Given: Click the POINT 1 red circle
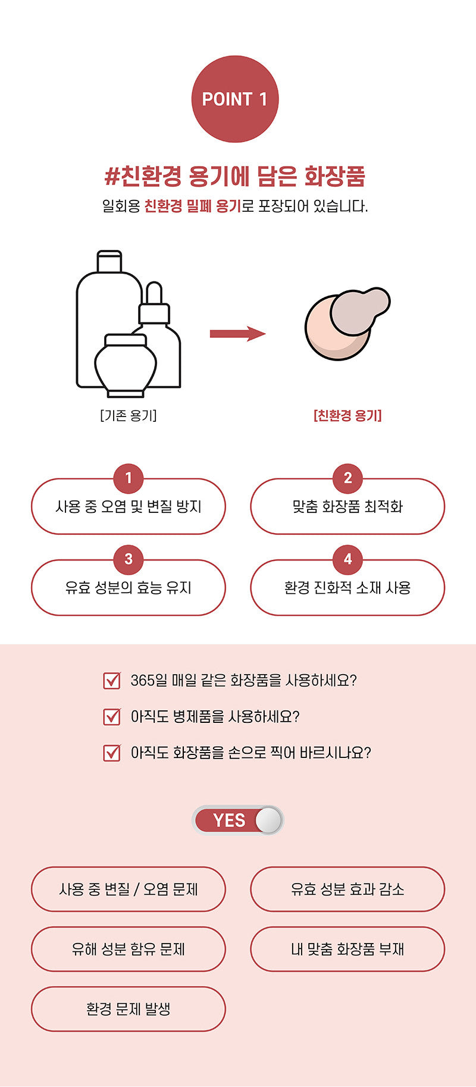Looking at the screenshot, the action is pos(235,99).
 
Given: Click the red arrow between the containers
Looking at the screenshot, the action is pos(237,333).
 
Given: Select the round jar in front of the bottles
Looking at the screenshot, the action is pos(126,365).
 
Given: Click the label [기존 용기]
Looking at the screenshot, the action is pos(129,415).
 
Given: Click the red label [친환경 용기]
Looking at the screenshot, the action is pos(347,415).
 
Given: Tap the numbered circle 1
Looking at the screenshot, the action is pos(129,478).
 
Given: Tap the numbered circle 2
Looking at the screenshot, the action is pos(348,478).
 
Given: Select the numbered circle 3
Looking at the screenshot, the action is pos(129,559).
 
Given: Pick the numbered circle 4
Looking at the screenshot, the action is pos(348,559).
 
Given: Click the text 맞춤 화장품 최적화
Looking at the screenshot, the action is pos(347,506).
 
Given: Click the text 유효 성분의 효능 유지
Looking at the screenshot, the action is pos(129,588).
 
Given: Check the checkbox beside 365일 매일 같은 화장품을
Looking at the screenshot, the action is pos(112,680).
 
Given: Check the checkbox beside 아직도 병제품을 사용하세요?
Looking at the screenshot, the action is pos(112,716).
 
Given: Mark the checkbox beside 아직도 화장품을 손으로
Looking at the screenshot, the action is pos(112,753).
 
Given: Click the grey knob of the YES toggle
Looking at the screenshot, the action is pos(268,820).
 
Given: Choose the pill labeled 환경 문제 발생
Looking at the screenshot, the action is pos(129,1009).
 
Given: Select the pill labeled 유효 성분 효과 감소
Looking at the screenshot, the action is pos(347,889).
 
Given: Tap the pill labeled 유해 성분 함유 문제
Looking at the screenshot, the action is pos(129,949).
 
